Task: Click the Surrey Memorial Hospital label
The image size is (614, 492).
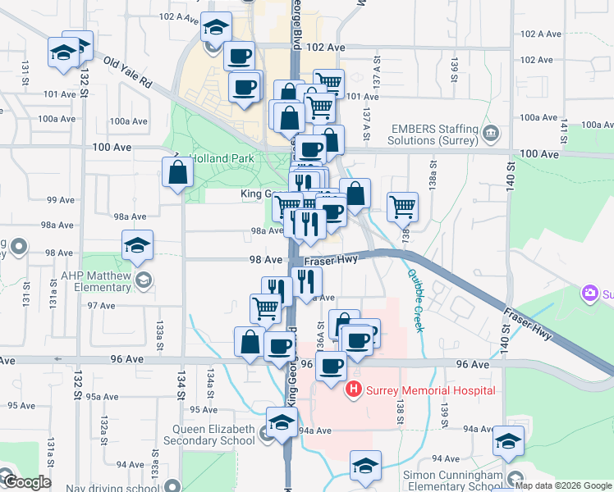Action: coord(430,389)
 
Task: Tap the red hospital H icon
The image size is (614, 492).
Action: coord(354,389)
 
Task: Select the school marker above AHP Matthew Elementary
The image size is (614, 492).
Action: coord(138,245)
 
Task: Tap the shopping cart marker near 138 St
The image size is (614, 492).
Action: coord(402,207)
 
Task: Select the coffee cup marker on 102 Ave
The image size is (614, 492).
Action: coord(239,56)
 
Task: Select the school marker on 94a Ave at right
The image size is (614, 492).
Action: coord(508,441)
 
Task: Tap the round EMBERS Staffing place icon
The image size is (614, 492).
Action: coord(491,132)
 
